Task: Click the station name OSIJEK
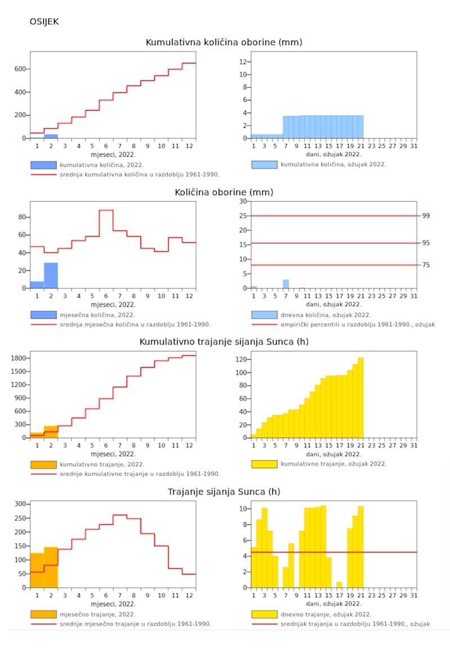(x=44, y=22)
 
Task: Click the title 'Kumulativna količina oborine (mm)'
(x=224, y=42)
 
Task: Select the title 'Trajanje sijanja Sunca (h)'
(x=224, y=492)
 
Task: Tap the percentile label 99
(x=426, y=216)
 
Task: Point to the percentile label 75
(x=426, y=265)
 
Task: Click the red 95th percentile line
(x=337, y=243)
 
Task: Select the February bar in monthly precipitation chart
(x=51, y=275)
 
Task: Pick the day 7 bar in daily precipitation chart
(x=286, y=284)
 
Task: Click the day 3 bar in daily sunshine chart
(x=264, y=548)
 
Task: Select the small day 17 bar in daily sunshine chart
(x=339, y=584)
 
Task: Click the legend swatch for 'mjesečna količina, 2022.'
(x=43, y=315)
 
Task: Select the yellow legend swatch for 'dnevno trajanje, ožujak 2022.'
(x=264, y=614)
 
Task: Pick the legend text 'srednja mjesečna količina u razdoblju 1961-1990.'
(x=135, y=324)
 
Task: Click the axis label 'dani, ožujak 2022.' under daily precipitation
(x=334, y=304)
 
